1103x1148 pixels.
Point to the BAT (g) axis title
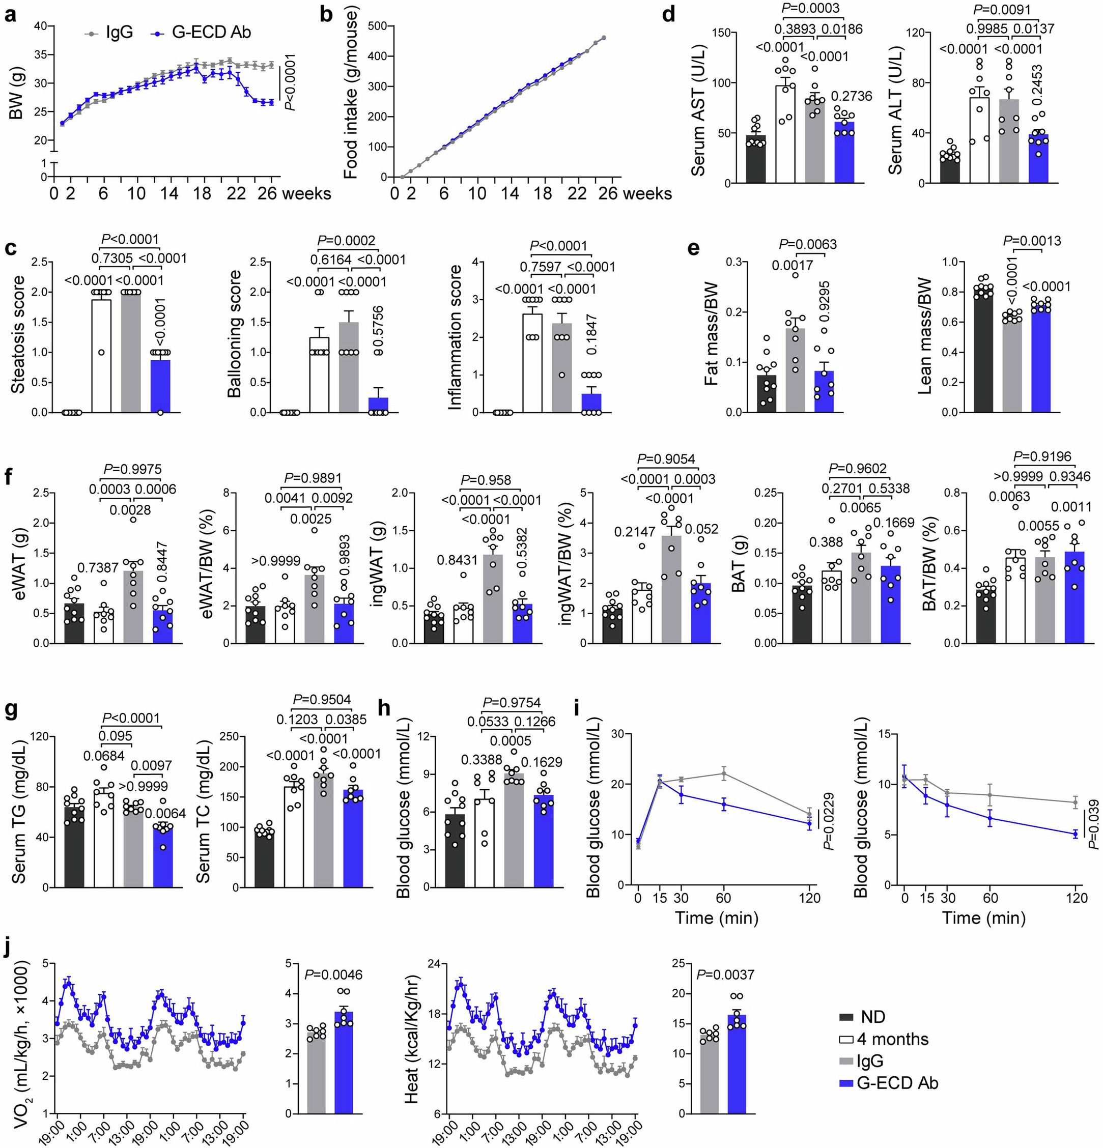click(740, 567)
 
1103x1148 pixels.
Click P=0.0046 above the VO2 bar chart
click(333, 974)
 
